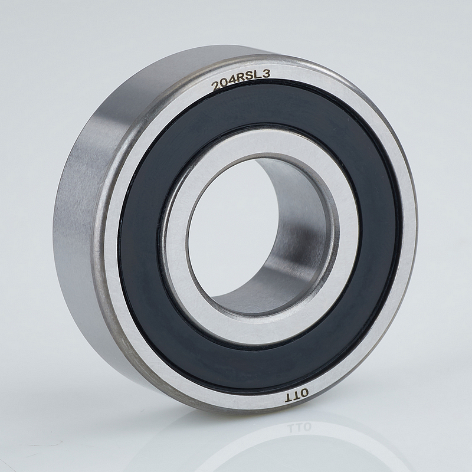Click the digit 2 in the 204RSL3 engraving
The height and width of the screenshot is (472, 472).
click(217, 87)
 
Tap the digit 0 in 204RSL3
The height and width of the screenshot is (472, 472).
click(225, 84)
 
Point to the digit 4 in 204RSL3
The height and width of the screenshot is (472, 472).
click(232, 82)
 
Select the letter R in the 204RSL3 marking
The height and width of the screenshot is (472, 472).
click(241, 80)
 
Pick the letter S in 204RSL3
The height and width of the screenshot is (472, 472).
click(249, 77)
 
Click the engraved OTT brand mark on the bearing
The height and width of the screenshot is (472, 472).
click(297, 395)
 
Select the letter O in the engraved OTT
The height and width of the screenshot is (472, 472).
click(304, 392)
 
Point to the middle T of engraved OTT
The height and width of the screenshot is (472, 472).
click(297, 395)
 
